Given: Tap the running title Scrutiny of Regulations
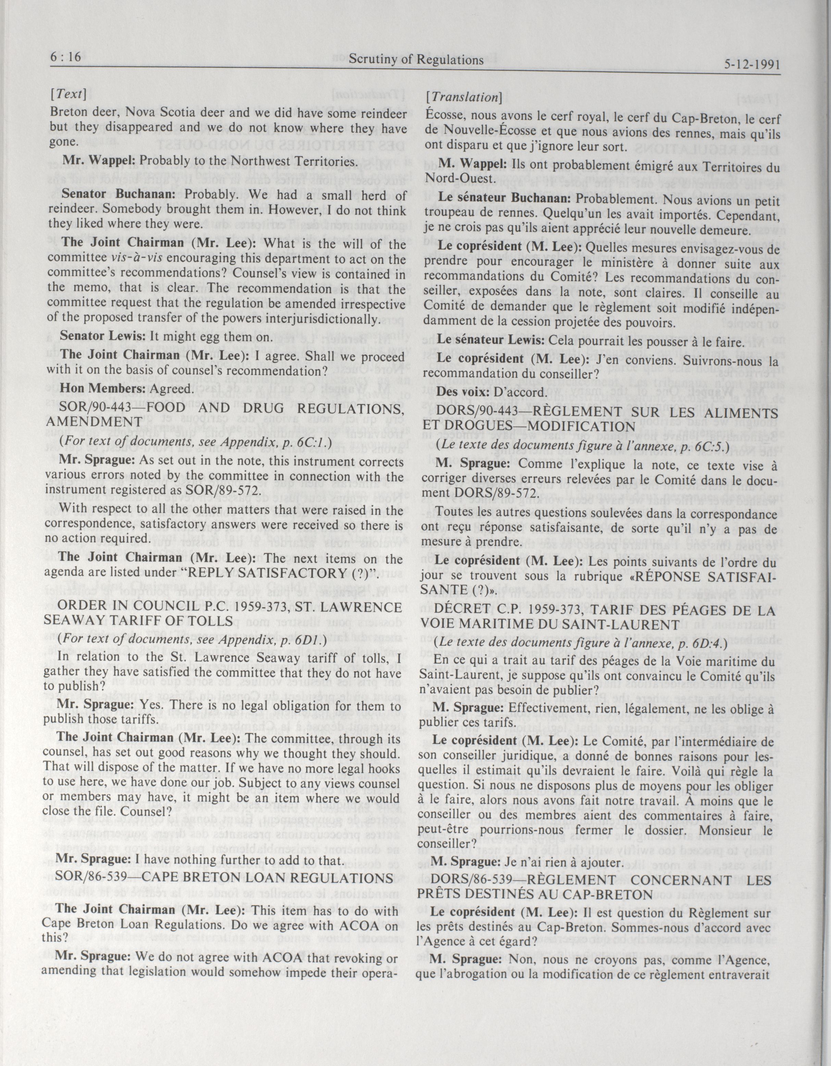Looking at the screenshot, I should pos(416,60).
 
